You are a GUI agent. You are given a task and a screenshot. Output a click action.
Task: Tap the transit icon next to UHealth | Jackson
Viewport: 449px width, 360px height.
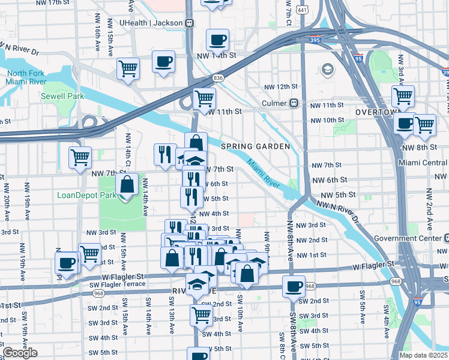(190, 23)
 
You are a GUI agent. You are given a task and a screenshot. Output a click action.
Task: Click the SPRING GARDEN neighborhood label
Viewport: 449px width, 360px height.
(255, 146)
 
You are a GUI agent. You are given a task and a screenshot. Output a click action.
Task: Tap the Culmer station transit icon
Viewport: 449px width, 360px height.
(295, 103)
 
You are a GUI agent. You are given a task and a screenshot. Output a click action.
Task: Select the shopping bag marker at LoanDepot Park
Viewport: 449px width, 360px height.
(127, 185)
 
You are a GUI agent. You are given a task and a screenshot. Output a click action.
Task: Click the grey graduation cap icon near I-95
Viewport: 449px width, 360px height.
(327, 70)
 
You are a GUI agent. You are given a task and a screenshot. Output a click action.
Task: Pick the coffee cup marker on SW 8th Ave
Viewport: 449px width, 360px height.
(294, 286)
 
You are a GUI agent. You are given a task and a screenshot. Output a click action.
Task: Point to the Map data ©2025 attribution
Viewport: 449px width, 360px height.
(423, 355)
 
